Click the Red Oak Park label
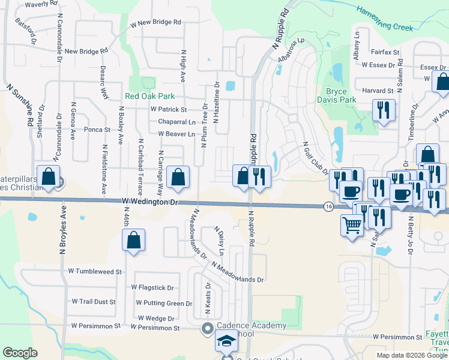[x=149, y=96]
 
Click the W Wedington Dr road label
[x=149, y=203]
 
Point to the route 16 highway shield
[x=328, y=206]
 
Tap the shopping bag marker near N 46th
[x=134, y=241]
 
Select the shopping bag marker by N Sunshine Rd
[x=49, y=177]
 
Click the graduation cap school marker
[x=226, y=341]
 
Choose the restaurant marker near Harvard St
[x=382, y=110]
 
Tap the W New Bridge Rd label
[x=155, y=23]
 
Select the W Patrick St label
[x=169, y=110]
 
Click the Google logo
[x=20, y=353]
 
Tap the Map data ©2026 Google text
[x=411, y=355]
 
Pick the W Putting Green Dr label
[x=164, y=304]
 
